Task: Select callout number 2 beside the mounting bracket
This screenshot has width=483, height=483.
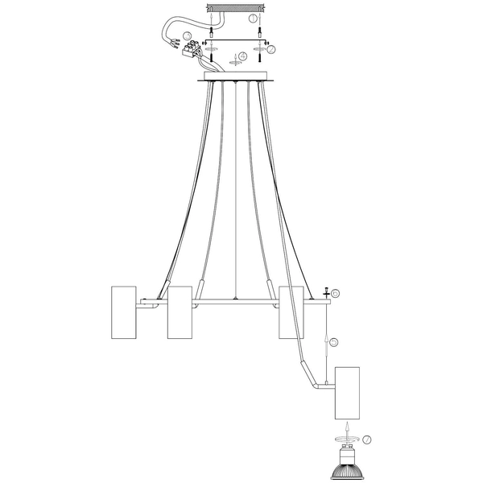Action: point(271,50)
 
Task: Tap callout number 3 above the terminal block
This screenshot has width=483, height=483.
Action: point(187,36)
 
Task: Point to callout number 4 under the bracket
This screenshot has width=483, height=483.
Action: point(245,57)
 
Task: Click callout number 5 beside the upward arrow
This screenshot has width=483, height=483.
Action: point(333,342)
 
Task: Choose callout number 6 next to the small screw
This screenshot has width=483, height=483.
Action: point(336,295)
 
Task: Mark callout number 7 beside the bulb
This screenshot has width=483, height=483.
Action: point(366,440)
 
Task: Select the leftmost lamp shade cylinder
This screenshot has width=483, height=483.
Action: point(123,312)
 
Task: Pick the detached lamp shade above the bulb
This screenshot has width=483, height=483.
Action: point(348,393)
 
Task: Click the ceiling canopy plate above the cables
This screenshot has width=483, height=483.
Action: point(236,78)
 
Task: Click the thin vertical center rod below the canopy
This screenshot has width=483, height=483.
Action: point(235,193)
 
